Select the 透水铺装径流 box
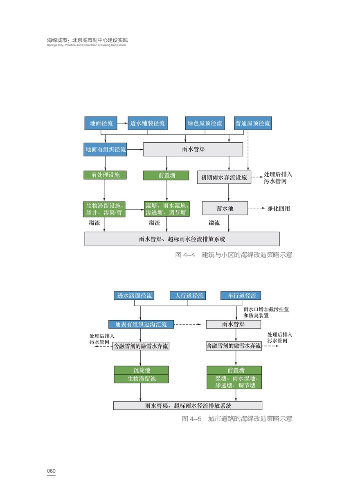tap(147, 123)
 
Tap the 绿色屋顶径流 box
tap(205, 123)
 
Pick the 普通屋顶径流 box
tap(252, 123)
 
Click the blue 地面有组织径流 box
tap(106, 150)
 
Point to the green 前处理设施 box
tap(105, 175)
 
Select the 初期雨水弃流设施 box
tap(224, 177)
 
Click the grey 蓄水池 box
tap(225, 208)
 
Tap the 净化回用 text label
tap(279, 209)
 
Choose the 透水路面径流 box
tap(134, 296)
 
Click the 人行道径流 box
tap(188, 296)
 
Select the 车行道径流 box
tap(239, 296)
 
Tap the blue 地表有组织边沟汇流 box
tap(141, 324)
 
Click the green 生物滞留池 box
tap(141, 379)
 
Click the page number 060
tap(51, 471)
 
